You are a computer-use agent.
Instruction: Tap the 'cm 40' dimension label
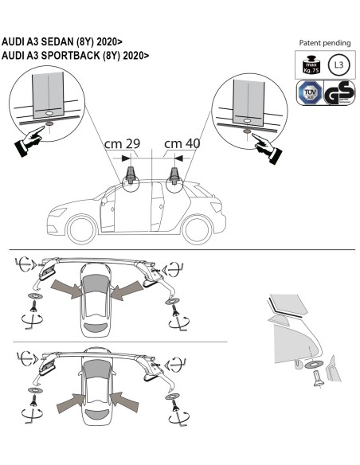(182, 144)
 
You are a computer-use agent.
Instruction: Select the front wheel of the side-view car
(84, 230)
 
